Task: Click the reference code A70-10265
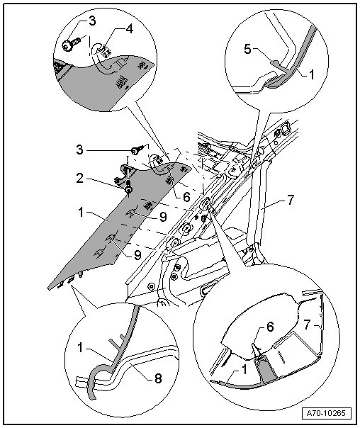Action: (x=326, y=412)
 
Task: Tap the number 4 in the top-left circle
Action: (x=130, y=28)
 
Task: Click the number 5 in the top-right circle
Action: (x=247, y=50)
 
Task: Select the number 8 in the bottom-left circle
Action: (x=158, y=378)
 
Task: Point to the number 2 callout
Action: (x=79, y=179)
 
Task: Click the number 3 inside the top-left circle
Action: (x=93, y=21)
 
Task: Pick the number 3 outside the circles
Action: (x=79, y=150)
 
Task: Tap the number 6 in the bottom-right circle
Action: (x=270, y=327)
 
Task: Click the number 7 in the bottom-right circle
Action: (x=307, y=325)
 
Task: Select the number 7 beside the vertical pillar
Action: (x=291, y=200)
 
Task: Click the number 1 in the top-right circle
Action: (x=311, y=74)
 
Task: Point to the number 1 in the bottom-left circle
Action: (x=80, y=348)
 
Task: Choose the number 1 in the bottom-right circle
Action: (x=244, y=370)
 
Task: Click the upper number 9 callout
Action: (x=163, y=217)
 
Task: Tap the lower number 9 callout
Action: (x=137, y=255)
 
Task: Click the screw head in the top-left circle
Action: (x=67, y=46)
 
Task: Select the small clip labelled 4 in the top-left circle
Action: (x=105, y=51)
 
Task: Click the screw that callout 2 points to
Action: (x=128, y=189)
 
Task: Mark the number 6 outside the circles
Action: (x=186, y=197)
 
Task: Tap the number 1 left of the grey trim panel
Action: (x=81, y=213)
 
